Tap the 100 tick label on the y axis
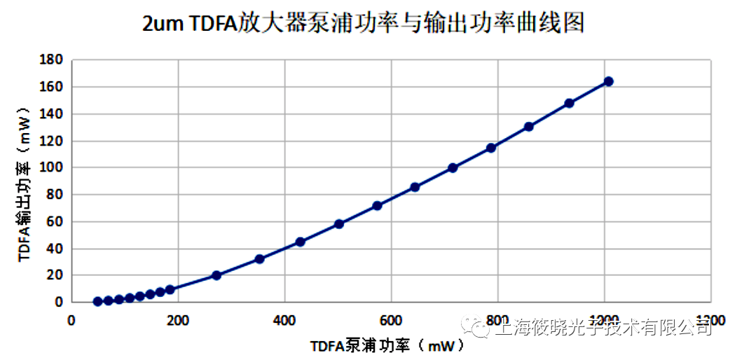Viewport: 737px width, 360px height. pyautogui.click(x=53, y=168)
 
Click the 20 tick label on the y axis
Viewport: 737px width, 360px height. pyautogui.click(x=55, y=276)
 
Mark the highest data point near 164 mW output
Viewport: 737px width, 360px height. pyautogui.click(x=608, y=81)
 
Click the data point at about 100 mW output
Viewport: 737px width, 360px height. pyautogui.click(x=453, y=167)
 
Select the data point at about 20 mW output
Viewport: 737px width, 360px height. pyautogui.click(x=216, y=275)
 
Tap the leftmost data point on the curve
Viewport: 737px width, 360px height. pyautogui.click(x=98, y=301)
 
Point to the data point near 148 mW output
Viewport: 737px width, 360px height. pyautogui.click(x=569, y=103)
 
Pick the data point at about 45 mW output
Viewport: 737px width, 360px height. pyautogui.click(x=301, y=242)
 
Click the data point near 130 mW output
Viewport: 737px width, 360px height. pyautogui.click(x=529, y=127)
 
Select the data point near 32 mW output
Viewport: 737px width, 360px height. pyautogui.click(x=259, y=259)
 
